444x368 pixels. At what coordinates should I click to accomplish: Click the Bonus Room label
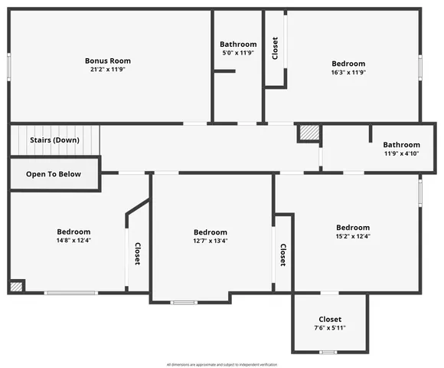(108, 61)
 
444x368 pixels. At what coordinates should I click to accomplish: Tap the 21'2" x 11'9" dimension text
(108, 70)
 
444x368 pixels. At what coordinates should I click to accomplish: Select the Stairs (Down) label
(54, 140)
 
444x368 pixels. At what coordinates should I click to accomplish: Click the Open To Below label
(54, 174)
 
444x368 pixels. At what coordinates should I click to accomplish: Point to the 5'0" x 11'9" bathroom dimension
(238, 54)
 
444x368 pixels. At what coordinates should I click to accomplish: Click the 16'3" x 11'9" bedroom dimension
(348, 73)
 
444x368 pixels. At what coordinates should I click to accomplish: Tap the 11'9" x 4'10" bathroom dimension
(402, 153)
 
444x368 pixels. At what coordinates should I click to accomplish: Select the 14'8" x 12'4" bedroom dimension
(73, 241)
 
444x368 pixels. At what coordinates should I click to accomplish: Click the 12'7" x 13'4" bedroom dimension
(210, 241)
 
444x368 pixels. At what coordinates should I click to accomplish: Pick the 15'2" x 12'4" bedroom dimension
(353, 236)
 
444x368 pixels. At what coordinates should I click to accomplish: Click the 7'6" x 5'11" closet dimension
(330, 328)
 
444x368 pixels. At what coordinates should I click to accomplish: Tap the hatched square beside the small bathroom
(308, 133)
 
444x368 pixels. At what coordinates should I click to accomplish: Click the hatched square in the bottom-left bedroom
(16, 286)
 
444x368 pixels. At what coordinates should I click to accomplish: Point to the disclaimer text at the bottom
(222, 364)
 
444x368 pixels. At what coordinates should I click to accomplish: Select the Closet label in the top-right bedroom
(275, 49)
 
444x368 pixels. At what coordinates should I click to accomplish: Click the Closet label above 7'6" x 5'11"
(330, 319)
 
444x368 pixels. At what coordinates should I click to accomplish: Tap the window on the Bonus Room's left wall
(9, 65)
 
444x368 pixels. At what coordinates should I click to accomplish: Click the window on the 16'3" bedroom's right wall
(420, 66)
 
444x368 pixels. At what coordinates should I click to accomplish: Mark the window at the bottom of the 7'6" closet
(328, 352)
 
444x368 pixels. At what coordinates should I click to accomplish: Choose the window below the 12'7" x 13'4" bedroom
(184, 303)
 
